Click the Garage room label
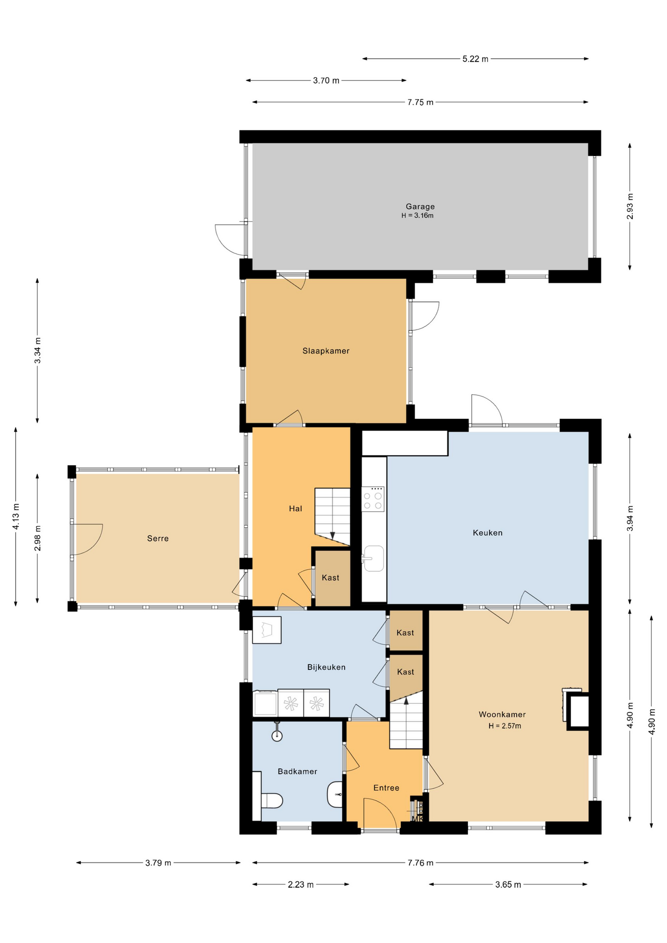click(420, 207)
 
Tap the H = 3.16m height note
click(417, 216)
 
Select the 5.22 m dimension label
click(475, 59)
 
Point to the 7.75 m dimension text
click(420, 102)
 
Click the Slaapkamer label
click(326, 351)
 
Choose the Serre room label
click(158, 538)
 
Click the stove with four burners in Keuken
click(373, 499)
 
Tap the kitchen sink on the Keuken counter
click(374, 558)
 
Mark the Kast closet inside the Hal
click(331, 578)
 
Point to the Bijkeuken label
click(326, 667)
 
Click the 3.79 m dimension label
click(158, 863)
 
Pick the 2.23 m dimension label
click(301, 885)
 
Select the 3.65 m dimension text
click(508, 885)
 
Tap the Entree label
click(386, 788)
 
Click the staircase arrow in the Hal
click(333, 535)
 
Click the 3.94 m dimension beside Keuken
click(630, 518)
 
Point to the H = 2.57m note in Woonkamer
click(504, 726)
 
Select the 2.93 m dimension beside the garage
click(630, 206)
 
